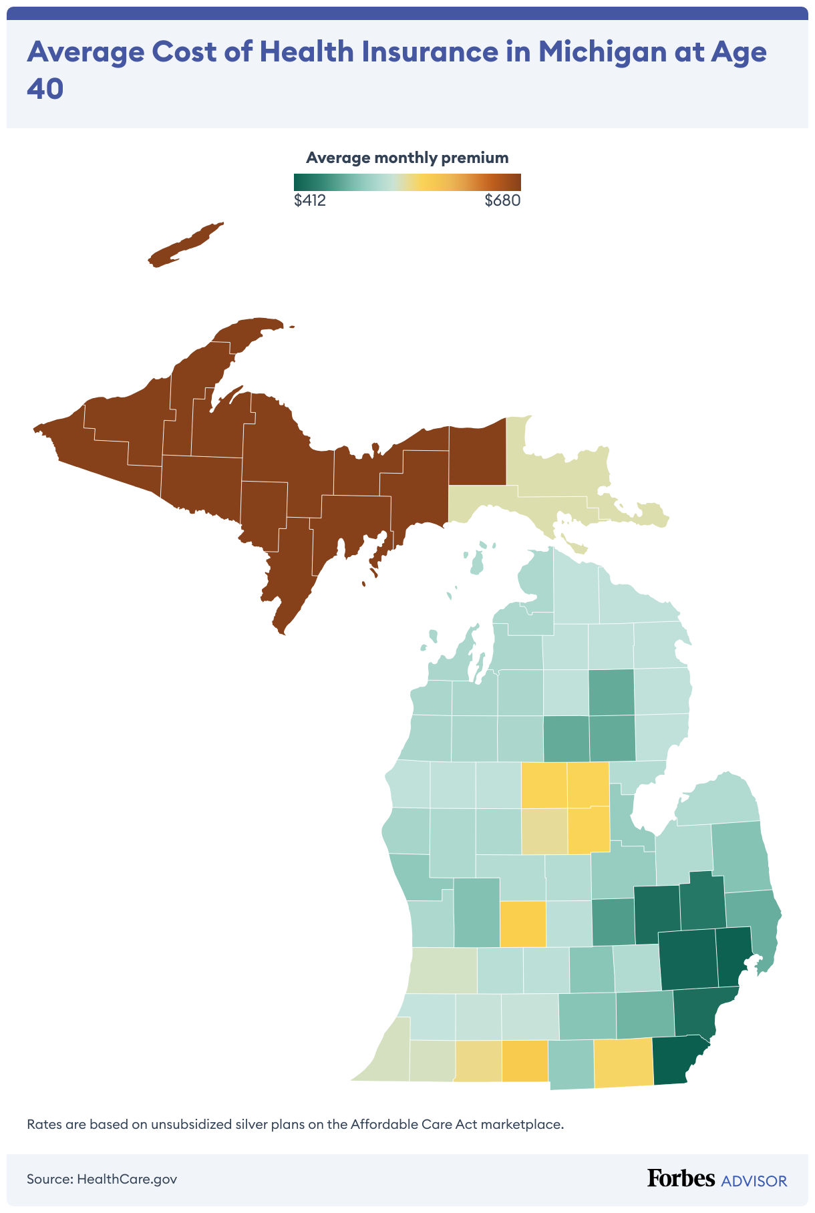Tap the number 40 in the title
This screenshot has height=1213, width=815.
[45, 89]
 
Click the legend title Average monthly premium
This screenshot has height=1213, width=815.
[407, 158]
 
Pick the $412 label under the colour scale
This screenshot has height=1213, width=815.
[310, 200]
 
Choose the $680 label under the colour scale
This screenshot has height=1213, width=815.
[502, 200]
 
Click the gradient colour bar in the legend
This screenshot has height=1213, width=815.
[407, 182]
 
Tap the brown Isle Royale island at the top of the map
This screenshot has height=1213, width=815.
[184, 246]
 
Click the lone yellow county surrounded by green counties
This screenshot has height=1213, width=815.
[522, 923]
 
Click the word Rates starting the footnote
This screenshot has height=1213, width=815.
[44, 1124]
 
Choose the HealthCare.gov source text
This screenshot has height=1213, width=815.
[127, 1179]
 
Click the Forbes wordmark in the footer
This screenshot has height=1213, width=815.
[681, 1178]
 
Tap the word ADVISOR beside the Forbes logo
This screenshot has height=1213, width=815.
[754, 1181]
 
